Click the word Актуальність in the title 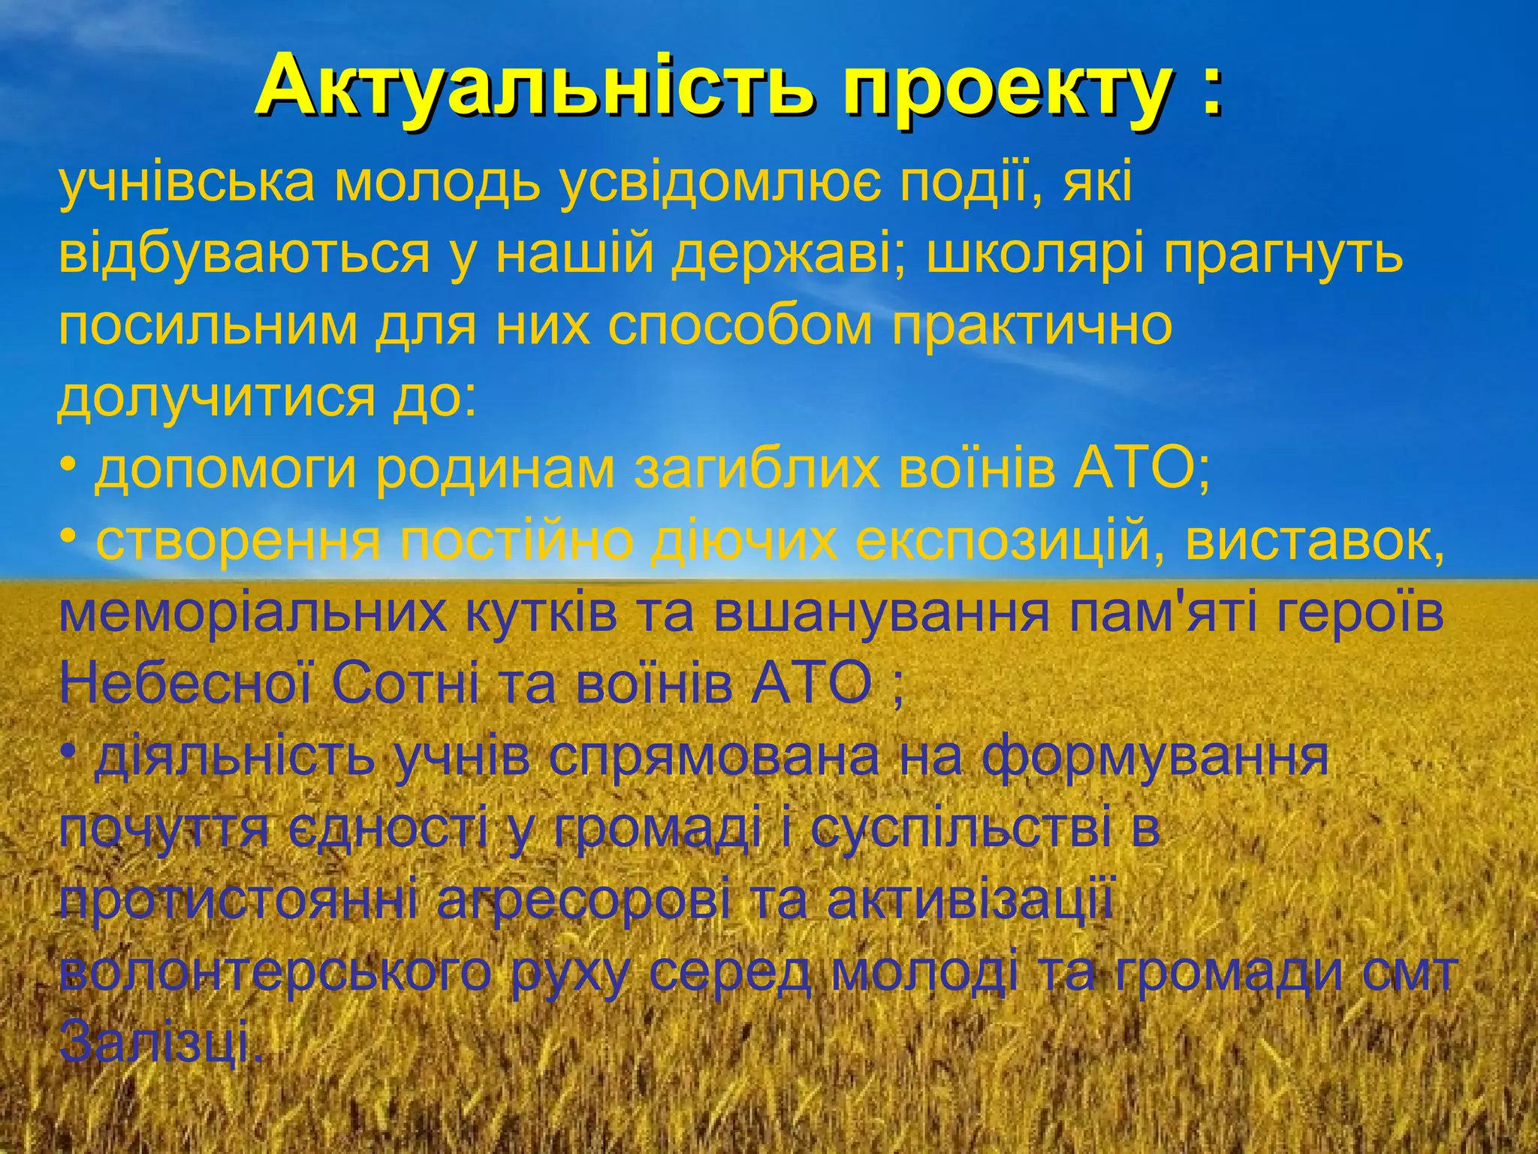click(533, 89)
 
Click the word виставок click(1314, 539)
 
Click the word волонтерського click(275, 972)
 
